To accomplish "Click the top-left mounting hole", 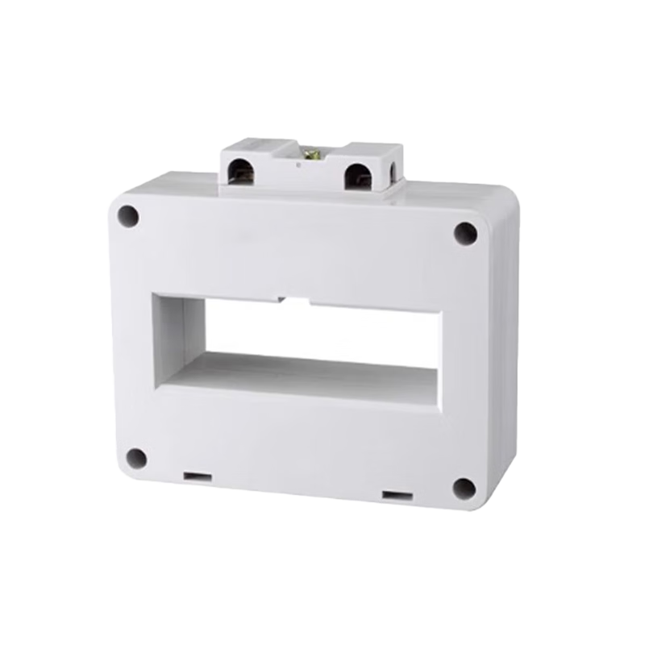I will point(127,215).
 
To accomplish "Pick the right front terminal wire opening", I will point(356,176).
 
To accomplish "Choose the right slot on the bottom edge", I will point(394,493).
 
